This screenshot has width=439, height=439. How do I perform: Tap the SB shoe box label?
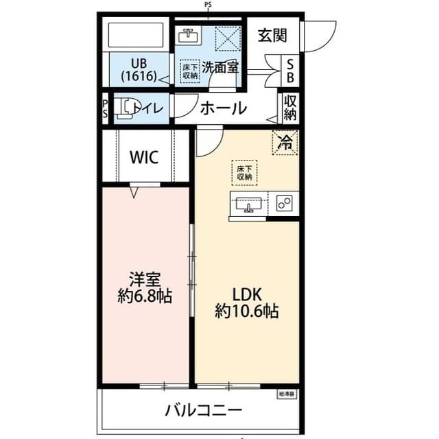tap(290, 70)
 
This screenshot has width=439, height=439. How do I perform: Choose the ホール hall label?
tap(223, 108)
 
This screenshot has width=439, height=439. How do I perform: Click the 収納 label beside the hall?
tap(289, 108)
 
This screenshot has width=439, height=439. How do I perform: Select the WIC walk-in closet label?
tap(145, 157)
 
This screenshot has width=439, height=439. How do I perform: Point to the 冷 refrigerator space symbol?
tap(285, 143)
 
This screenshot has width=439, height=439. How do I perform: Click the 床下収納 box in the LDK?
tap(244, 172)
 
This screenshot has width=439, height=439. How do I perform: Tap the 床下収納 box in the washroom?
tap(190, 71)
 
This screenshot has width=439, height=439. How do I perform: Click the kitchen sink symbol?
tap(247, 203)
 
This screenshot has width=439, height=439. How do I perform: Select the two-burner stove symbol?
tap(284, 203)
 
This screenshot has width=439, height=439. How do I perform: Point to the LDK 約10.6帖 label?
tap(247, 302)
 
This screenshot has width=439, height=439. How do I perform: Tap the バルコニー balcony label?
tap(203, 411)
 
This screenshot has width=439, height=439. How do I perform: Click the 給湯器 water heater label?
tap(286, 394)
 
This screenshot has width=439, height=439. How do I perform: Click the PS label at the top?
tap(209, 5)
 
